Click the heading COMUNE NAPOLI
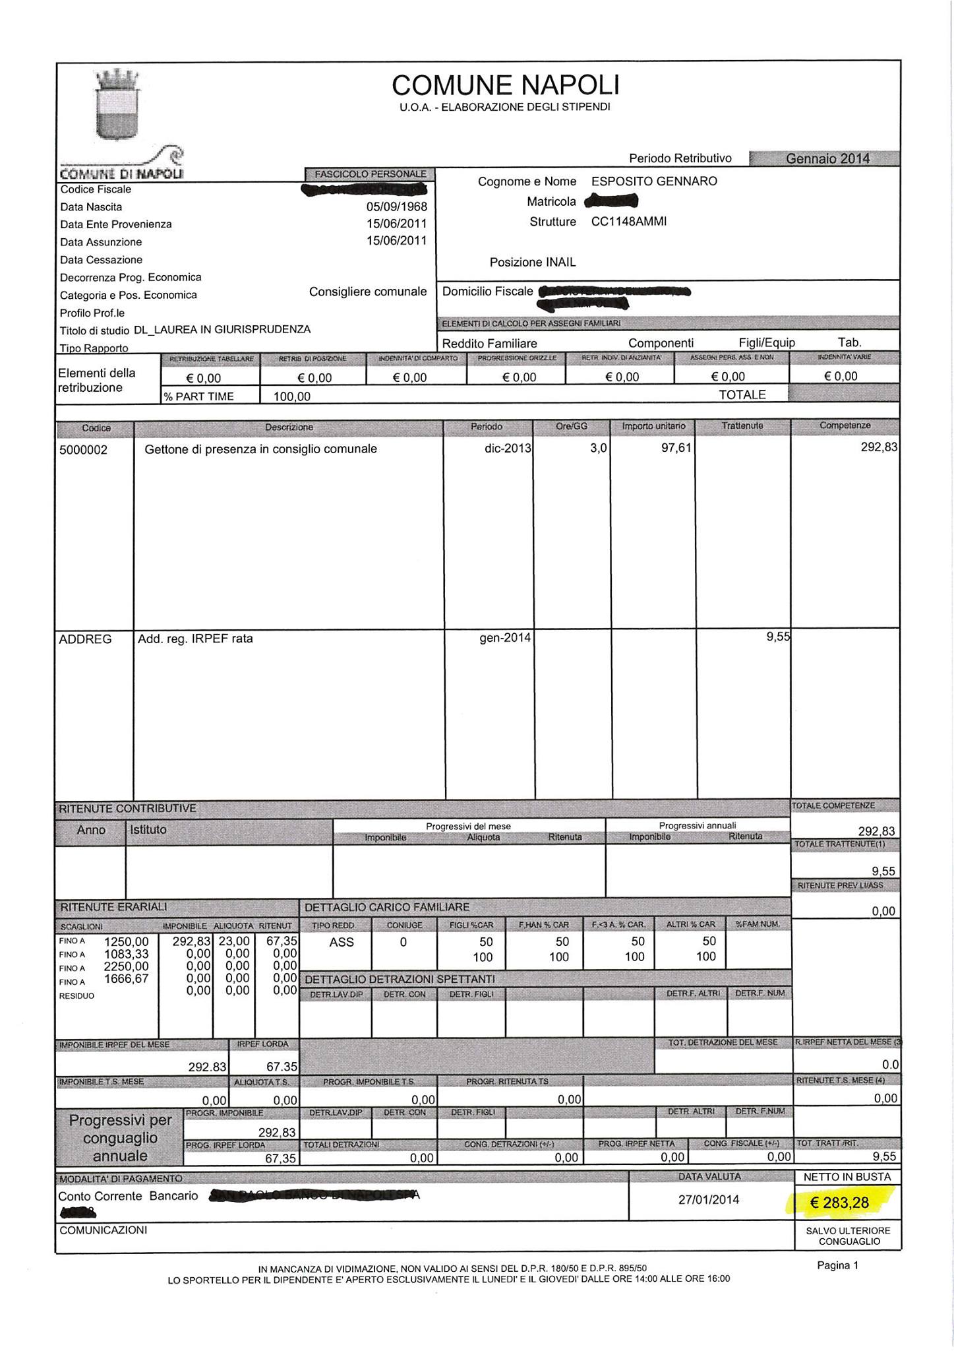(x=505, y=86)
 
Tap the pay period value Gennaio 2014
(x=827, y=158)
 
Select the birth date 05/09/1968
(x=396, y=206)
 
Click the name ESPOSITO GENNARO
(x=654, y=181)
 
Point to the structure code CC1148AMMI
(x=629, y=222)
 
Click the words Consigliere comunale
(x=368, y=292)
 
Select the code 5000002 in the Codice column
(x=83, y=450)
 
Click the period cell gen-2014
(x=504, y=639)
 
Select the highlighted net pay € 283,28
(x=840, y=1203)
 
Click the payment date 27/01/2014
(x=709, y=1199)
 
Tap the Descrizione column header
(x=289, y=427)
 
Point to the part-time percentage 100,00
(x=292, y=396)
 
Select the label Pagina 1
(x=838, y=1265)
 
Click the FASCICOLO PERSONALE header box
(x=370, y=174)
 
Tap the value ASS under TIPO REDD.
(x=342, y=943)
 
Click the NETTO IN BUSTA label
(x=847, y=1177)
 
